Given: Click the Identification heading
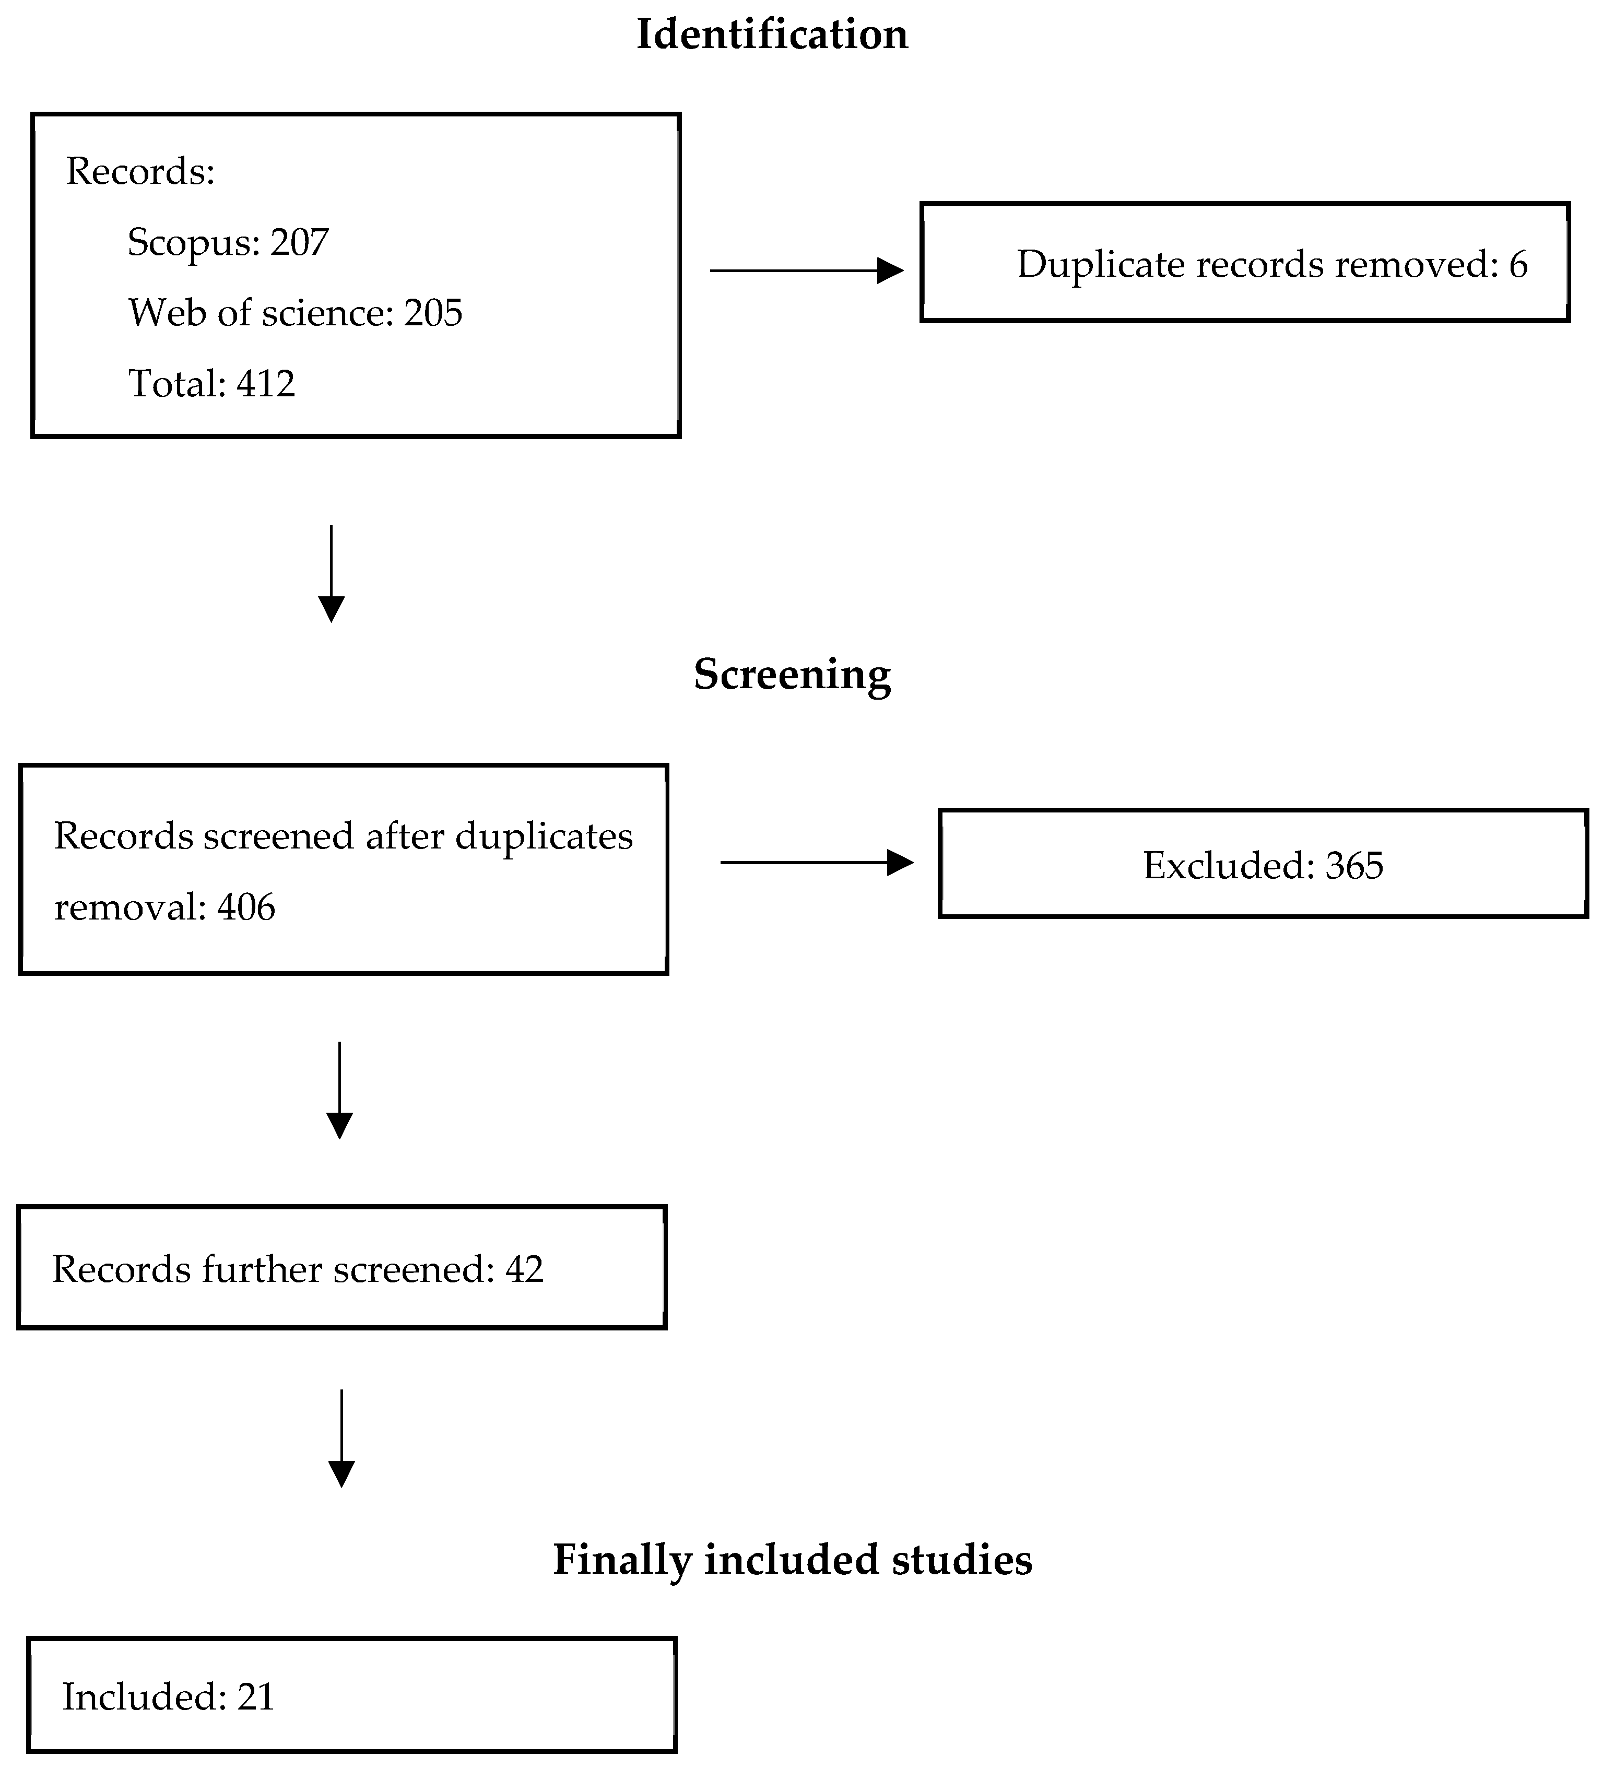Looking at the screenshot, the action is (772, 35).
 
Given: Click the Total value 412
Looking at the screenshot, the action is (266, 383).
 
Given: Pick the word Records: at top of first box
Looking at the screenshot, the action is (140, 171).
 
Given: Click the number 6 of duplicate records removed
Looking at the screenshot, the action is (1518, 264).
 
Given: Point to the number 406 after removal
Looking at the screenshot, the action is (246, 907).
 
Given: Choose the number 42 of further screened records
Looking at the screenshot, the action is (524, 1269).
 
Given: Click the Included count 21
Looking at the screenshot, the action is (256, 1697).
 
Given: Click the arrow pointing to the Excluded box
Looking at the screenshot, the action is (817, 863).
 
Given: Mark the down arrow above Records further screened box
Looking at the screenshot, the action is (339, 1090).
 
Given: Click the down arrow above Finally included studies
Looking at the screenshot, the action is (341, 1438).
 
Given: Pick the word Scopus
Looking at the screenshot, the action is (193, 243).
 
